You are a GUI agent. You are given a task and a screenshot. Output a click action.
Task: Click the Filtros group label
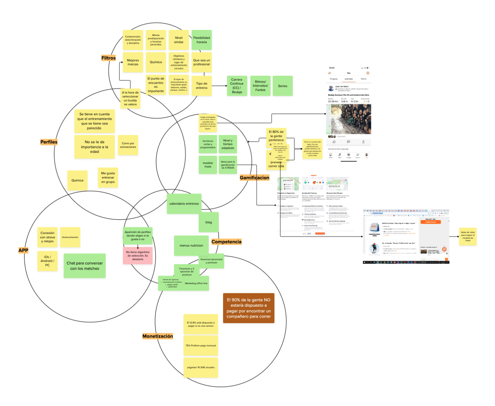pyautogui.click(x=108, y=58)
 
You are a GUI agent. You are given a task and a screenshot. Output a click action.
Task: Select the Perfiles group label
pyautogui.click(x=49, y=142)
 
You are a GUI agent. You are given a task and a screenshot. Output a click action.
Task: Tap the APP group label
pyautogui.click(x=23, y=250)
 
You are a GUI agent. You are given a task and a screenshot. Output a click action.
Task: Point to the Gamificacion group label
pyautogui.click(x=254, y=178)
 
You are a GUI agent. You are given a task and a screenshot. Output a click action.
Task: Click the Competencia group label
pyautogui.click(x=226, y=242)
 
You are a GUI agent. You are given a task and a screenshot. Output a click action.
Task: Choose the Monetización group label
pyautogui.click(x=158, y=336)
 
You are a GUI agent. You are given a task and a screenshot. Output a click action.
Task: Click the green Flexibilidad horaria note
pyautogui.click(x=202, y=40)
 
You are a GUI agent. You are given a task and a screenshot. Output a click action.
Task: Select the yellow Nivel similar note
pyautogui.click(x=179, y=40)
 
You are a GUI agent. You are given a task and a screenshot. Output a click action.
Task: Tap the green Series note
pyautogui.click(x=282, y=86)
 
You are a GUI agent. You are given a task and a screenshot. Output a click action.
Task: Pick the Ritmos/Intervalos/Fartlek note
pyautogui.click(x=260, y=86)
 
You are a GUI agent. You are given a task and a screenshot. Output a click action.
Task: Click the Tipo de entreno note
pyautogui.click(x=202, y=86)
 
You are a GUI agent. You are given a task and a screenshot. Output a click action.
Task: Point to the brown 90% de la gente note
pyautogui.click(x=249, y=308)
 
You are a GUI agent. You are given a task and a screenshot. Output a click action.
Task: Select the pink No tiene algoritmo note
pyautogui.click(x=138, y=256)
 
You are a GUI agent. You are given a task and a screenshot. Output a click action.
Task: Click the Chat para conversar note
pyautogui.click(x=84, y=266)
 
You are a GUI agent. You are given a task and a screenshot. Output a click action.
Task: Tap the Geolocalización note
pyautogui.click(x=70, y=237)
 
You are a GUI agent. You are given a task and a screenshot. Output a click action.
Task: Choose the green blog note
pyautogui.click(x=209, y=222)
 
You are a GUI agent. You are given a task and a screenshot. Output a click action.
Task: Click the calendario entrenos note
pyautogui.click(x=184, y=204)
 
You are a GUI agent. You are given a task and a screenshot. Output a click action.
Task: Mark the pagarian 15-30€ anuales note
pyautogui.click(x=201, y=367)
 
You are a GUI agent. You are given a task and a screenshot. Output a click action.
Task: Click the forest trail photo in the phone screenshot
pyautogui.click(x=348, y=119)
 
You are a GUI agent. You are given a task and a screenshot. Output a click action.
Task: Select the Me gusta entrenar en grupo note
pyautogui.click(x=108, y=178)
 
